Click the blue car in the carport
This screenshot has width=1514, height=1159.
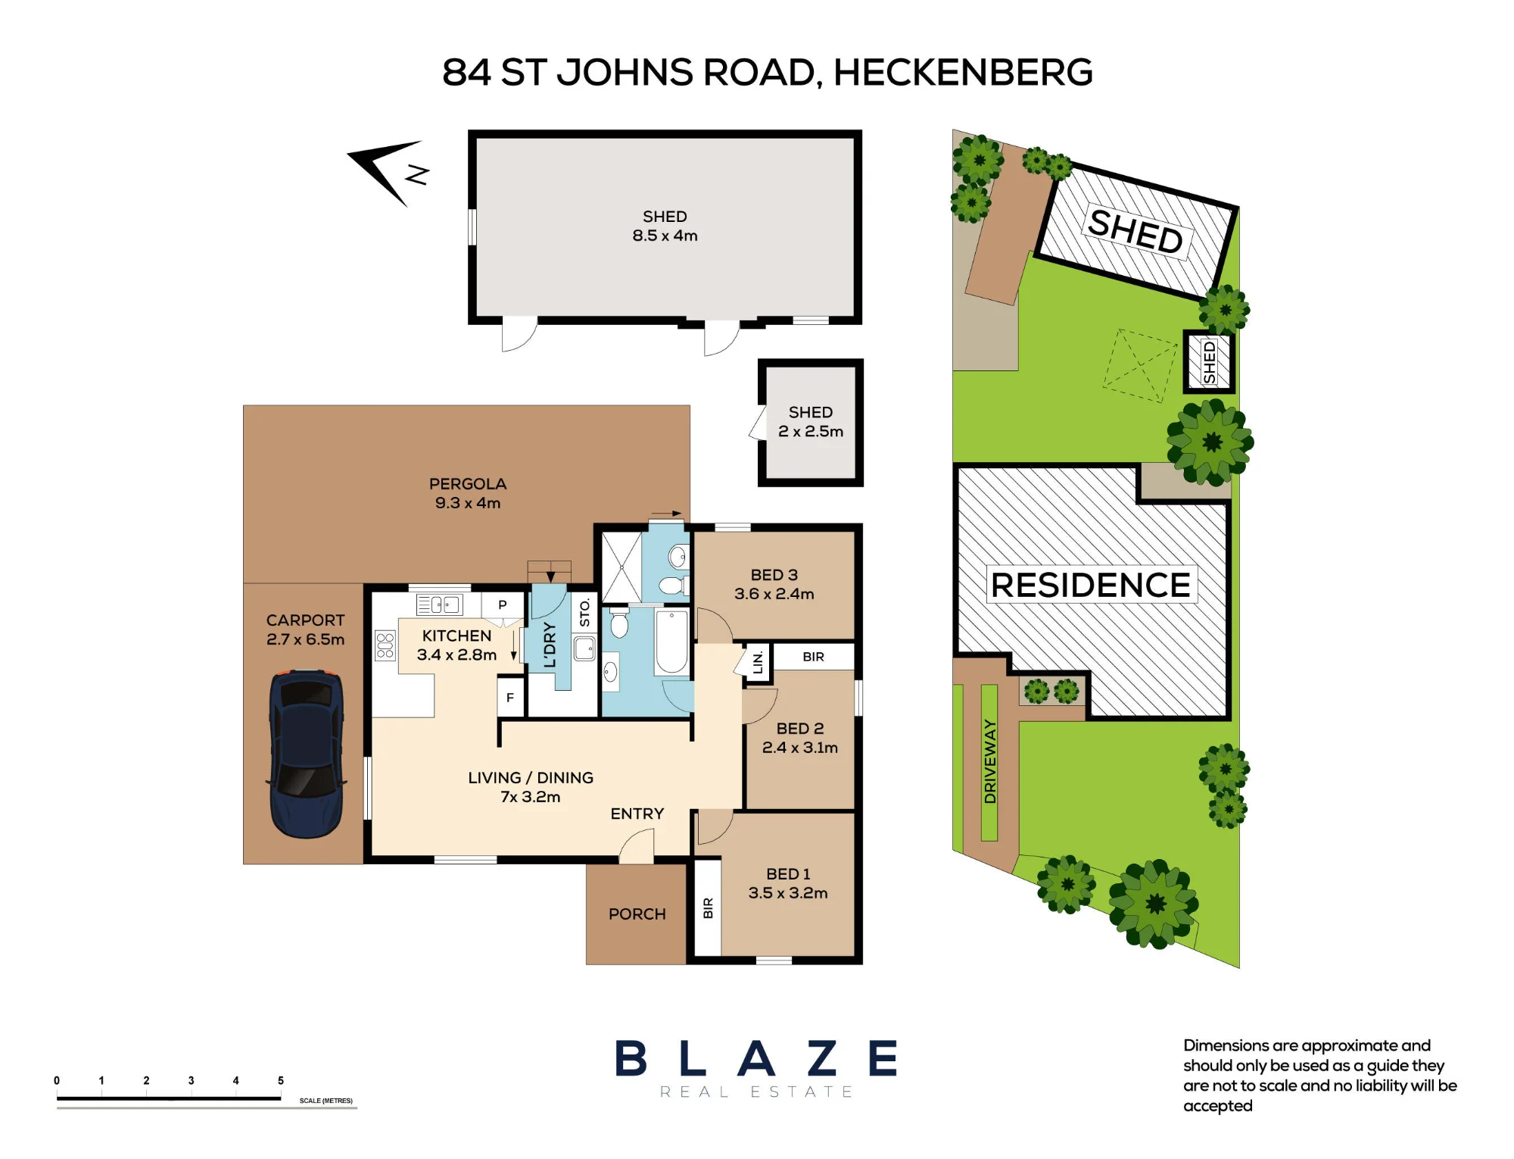point(307,753)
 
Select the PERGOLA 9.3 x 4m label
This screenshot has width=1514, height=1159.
point(468,493)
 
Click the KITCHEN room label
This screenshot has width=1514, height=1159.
point(456,636)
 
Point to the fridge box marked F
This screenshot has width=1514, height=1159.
point(510,698)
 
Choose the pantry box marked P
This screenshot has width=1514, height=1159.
point(502,605)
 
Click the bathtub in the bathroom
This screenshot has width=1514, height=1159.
point(671,641)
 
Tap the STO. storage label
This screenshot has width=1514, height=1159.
point(584,612)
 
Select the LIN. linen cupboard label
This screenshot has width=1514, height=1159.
point(758,663)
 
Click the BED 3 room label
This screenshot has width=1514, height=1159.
point(774,575)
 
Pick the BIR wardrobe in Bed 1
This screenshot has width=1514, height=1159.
point(708,908)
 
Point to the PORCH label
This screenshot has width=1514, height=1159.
point(637,914)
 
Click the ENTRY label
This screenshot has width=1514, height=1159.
point(637,814)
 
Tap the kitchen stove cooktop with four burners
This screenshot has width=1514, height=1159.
point(385,645)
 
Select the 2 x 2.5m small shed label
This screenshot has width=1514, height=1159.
point(811,431)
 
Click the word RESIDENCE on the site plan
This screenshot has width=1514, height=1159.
point(1091,585)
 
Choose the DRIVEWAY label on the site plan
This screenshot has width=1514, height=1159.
point(989,761)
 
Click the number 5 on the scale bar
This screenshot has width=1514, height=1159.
point(281,1081)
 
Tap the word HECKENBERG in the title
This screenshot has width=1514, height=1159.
point(963,73)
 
